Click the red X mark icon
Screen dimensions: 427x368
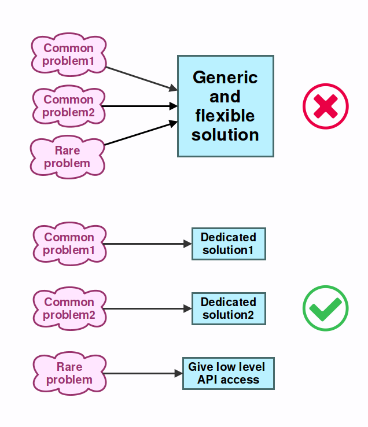(326, 106)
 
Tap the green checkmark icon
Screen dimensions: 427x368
(326, 308)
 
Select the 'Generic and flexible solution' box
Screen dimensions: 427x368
(225, 106)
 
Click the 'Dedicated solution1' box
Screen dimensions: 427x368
(229, 244)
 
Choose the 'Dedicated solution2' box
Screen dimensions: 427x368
(229, 308)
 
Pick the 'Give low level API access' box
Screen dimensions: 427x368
(228, 373)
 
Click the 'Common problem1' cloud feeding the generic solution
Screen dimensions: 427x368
(69, 54)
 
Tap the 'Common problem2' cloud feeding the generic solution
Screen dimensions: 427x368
(69, 106)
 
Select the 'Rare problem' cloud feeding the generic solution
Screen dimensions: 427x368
(68, 157)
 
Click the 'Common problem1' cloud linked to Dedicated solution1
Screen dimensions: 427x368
(69, 244)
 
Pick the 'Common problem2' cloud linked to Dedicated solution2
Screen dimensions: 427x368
(69, 308)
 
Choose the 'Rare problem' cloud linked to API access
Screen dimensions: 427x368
(69, 373)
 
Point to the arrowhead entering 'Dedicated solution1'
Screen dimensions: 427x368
(187, 244)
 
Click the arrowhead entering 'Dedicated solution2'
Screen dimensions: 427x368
(187, 308)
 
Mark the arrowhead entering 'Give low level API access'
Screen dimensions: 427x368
(179, 373)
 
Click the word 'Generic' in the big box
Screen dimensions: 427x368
(225, 78)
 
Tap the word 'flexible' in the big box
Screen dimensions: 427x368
(225, 116)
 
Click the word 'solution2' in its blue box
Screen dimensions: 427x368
(229, 315)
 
